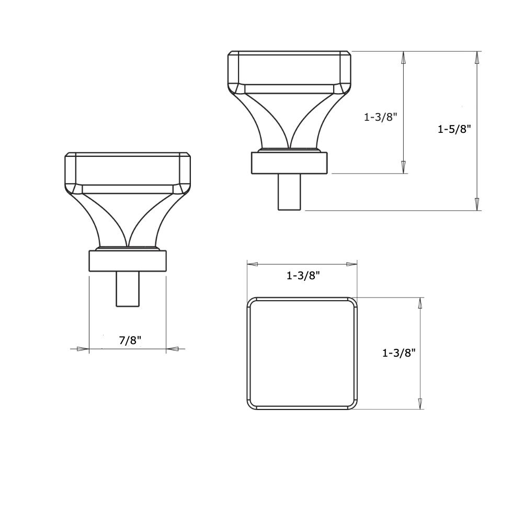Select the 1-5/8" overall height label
coord(454,129)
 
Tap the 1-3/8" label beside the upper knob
coord(381,117)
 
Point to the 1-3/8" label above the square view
coord(303,276)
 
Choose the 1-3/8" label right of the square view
coord(399,353)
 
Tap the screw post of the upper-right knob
coord(289,192)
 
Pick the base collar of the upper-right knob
coord(289,163)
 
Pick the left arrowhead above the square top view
coord(253,265)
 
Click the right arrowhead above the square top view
coord(351,265)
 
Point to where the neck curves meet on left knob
coord(128,245)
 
